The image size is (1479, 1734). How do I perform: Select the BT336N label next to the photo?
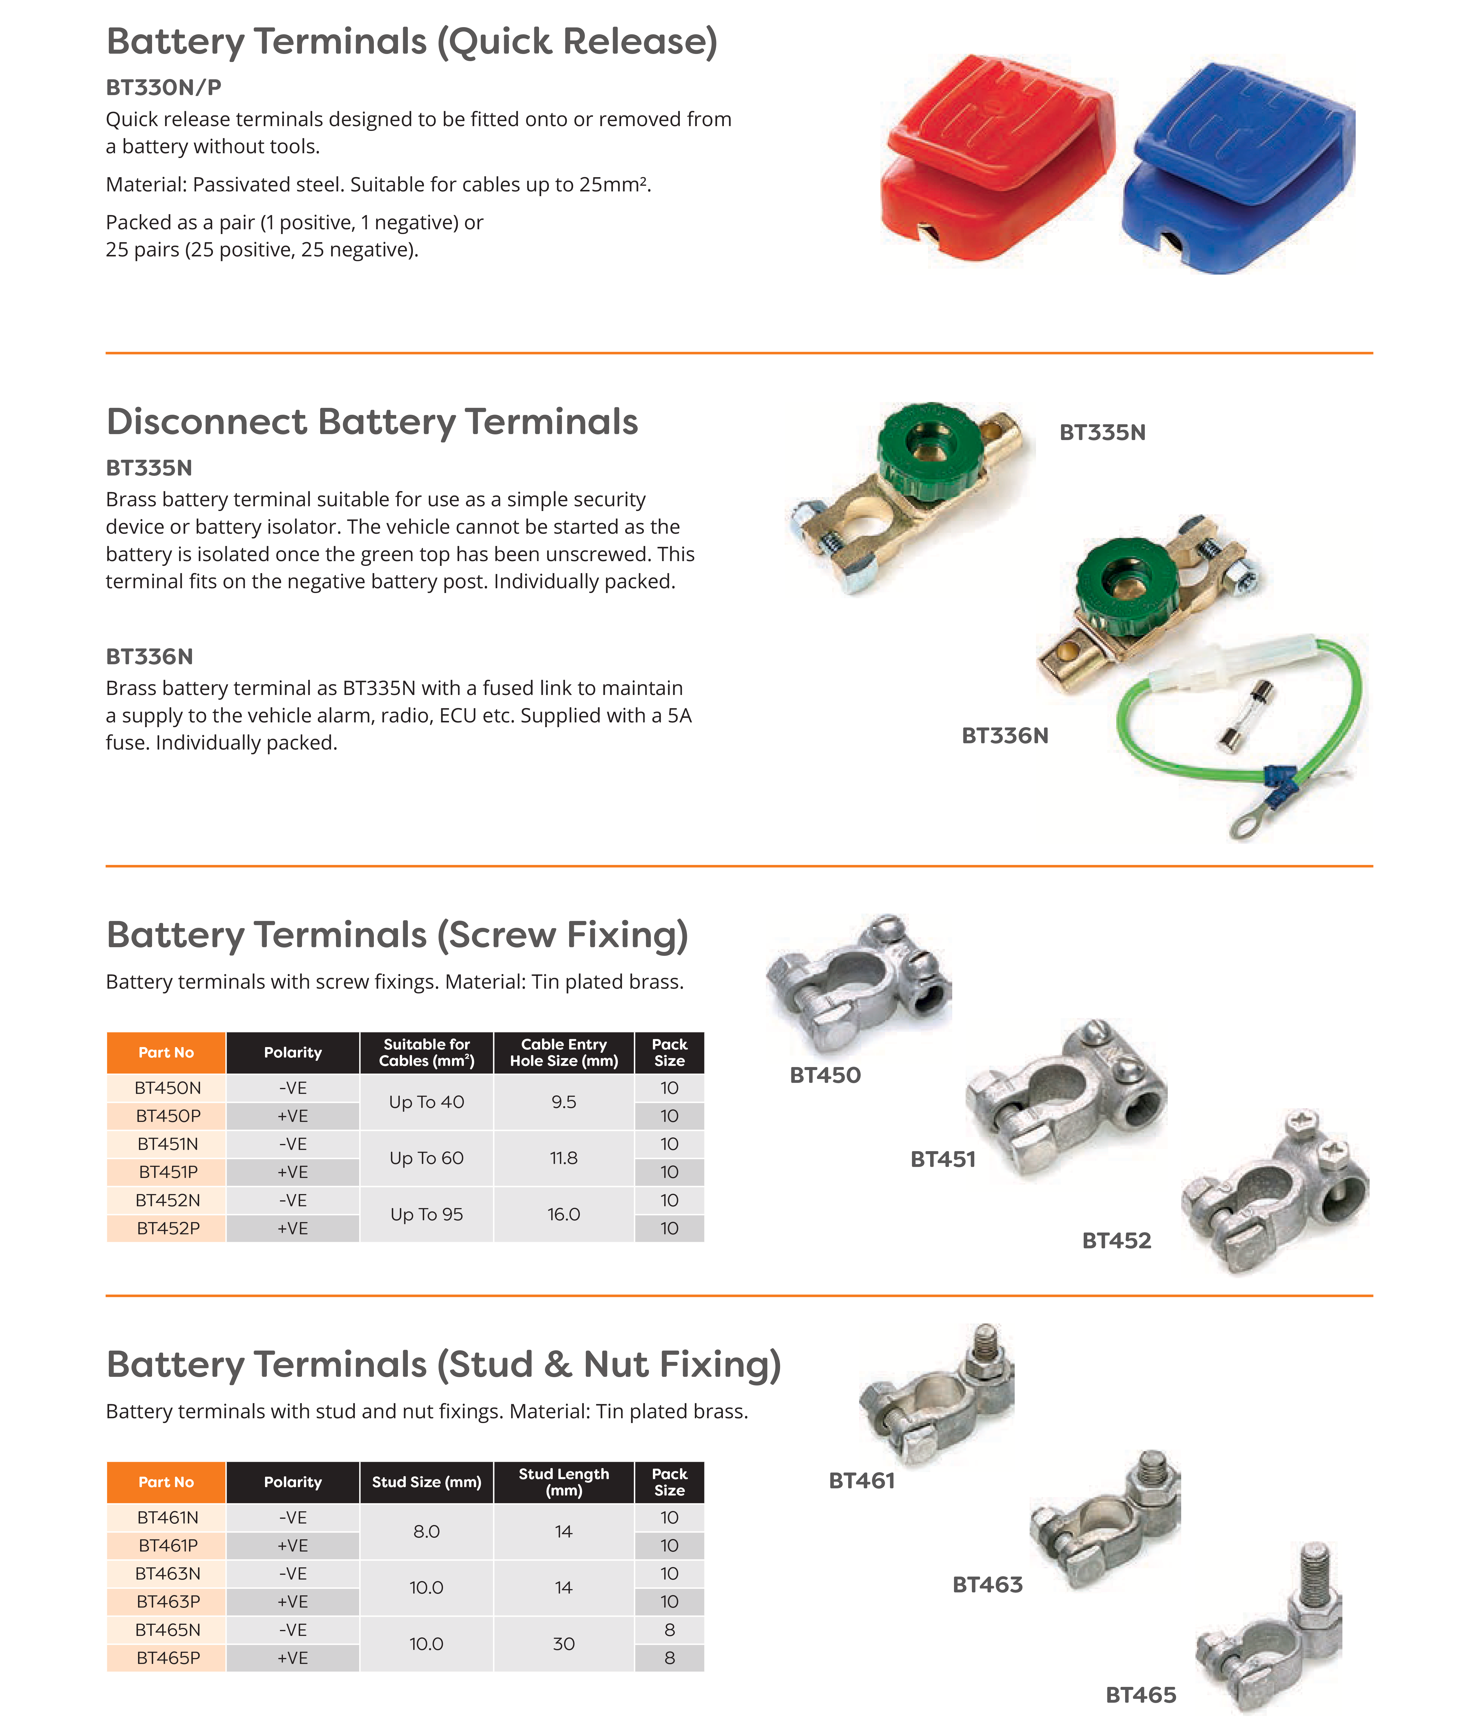point(1004,736)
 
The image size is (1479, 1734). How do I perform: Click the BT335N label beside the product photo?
point(1102,433)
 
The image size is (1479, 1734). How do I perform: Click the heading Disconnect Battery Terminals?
point(372,422)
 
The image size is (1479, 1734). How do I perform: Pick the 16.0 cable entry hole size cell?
point(563,1214)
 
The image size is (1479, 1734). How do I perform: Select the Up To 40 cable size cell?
point(426,1102)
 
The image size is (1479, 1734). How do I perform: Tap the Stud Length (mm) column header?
point(563,1482)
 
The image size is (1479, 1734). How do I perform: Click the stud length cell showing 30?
point(563,1644)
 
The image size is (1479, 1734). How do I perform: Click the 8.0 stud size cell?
point(426,1532)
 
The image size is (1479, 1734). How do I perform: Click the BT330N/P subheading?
point(163,87)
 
